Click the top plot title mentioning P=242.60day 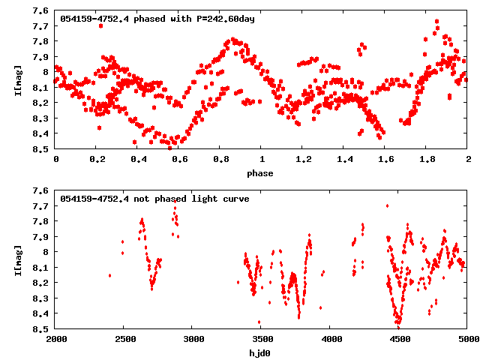pos(157,19)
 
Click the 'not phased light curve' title pos(154,199)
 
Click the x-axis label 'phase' pos(261,173)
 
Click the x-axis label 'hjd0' pos(261,353)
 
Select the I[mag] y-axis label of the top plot pos(17,81)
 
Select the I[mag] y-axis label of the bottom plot pos(17,261)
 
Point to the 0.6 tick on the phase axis pos(179,160)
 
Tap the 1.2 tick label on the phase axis pos(303,160)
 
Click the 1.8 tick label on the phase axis pos(427,160)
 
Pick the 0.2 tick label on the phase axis pos(97,160)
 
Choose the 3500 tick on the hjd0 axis pos(261,340)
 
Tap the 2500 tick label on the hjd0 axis pos(124,340)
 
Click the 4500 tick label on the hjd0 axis pos(398,340)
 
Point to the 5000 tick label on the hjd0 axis pos(466,340)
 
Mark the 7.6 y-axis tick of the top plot pos(42,11)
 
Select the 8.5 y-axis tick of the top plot pos(42,148)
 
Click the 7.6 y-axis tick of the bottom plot pos(42,191)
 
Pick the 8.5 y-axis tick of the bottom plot pos(42,328)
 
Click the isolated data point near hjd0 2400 pos(110,275)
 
